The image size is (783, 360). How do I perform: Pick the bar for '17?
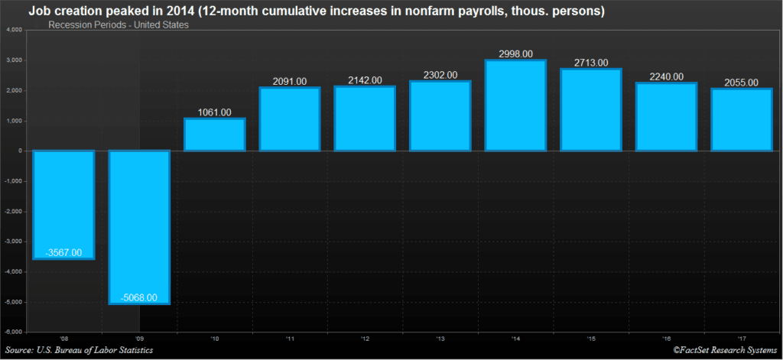click(741, 120)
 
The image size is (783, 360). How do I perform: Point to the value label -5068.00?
click(138, 297)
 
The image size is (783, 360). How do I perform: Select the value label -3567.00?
click(63, 252)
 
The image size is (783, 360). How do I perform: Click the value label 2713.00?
click(590, 63)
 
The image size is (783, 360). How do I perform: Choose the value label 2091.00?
click(289, 81)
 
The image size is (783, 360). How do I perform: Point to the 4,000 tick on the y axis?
click(14, 30)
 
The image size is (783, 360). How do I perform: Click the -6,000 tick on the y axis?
click(14, 332)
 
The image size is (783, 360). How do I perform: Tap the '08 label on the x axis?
click(63, 339)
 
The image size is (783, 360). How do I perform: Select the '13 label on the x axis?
click(440, 339)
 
